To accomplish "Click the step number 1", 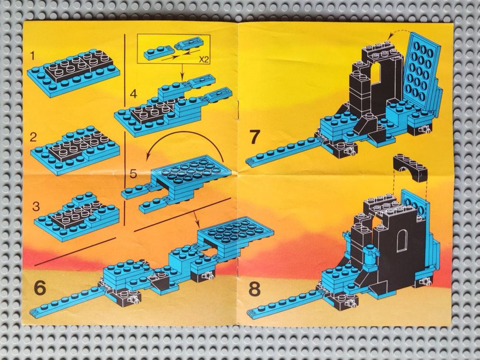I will [x=33, y=57].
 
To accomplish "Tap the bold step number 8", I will [x=255, y=289].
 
